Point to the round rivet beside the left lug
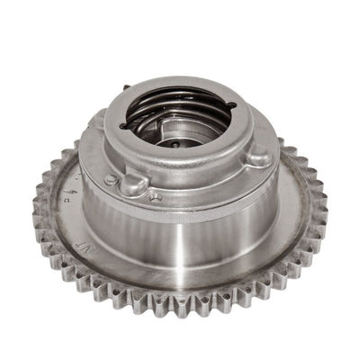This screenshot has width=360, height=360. [x=111, y=178]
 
